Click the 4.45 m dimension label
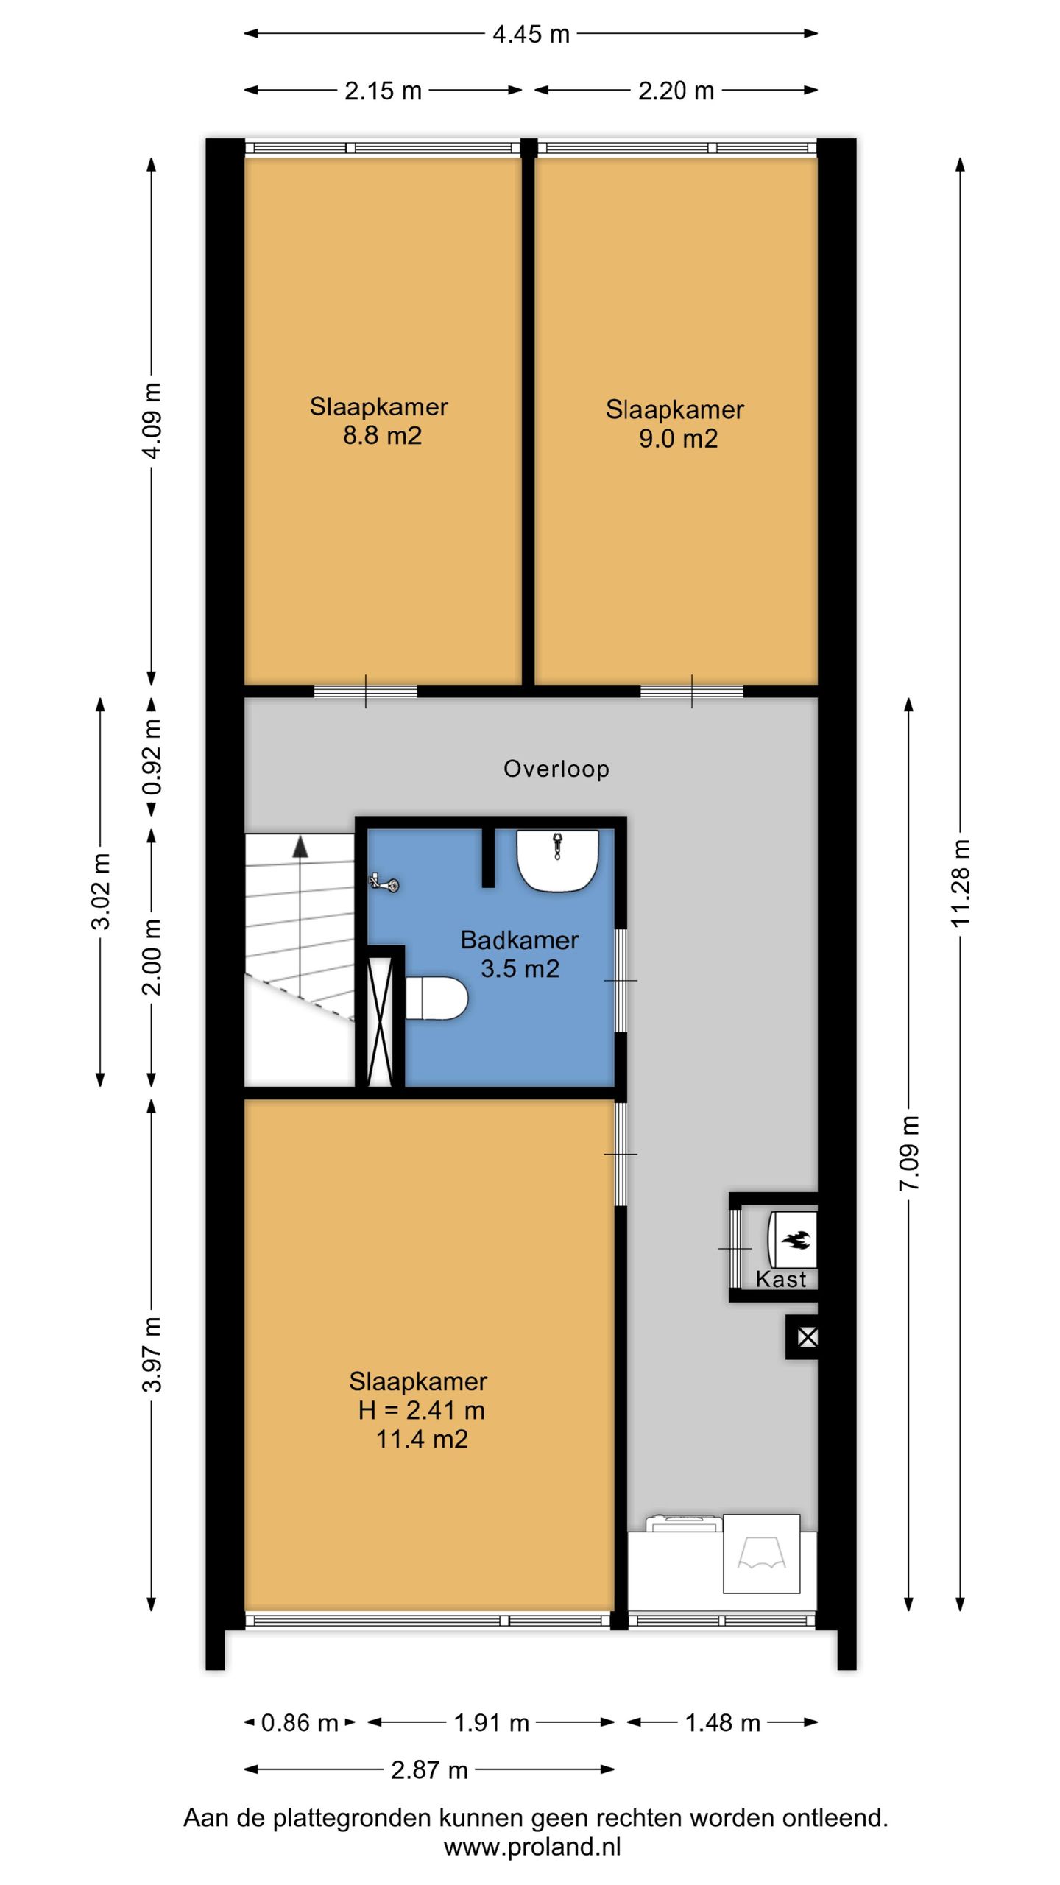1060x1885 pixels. click(x=531, y=34)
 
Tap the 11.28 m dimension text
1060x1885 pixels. click(x=961, y=882)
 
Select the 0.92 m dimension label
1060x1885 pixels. click(x=152, y=757)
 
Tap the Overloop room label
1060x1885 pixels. click(x=556, y=769)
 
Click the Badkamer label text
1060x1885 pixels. click(x=520, y=940)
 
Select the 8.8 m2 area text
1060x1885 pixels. click(x=382, y=436)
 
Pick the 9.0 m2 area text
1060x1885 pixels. click(x=678, y=439)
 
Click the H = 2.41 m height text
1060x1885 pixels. click(x=421, y=1410)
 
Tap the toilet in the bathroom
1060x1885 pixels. click(x=437, y=998)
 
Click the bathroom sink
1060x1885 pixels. click(x=557, y=861)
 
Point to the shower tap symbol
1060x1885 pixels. click(x=385, y=882)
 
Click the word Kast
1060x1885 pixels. click(x=781, y=1280)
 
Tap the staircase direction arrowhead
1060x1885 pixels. click(x=300, y=847)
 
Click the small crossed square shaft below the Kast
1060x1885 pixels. click(x=808, y=1337)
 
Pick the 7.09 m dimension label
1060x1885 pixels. click(x=909, y=1153)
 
